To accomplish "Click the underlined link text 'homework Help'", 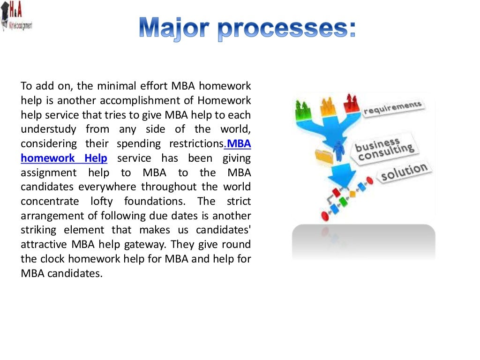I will coord(64,158).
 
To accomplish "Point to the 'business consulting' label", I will coord(384,150).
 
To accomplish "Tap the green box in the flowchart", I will coord(345,202).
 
